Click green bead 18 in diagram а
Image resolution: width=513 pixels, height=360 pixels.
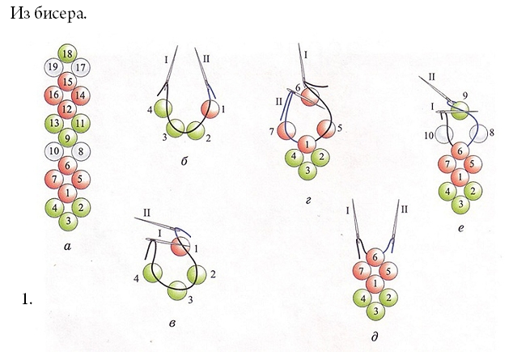click(x=67, y=53)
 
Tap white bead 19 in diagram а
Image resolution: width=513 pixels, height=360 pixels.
click(x=53, y=67)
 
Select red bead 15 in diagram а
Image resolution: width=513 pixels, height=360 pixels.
click(x=67, y=82)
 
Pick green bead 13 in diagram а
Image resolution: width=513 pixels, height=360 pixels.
click(x=54, y=123)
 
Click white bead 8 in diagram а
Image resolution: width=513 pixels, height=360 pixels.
click(x=81, y=151)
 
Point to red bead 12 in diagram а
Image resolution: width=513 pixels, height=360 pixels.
click(x=67, y=109)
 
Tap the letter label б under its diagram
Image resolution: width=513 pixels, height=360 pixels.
click(x=184, y=160)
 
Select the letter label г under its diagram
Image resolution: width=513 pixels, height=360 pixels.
click(x=307, y=201)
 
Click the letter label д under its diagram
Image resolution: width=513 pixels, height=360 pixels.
click(x=375, y=337)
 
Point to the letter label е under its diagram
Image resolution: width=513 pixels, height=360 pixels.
click(x=461, y=228)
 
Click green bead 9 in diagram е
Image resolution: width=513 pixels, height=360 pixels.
click(x=460, y=110)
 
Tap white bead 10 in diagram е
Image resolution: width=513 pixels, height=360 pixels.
click(x=444, y=134)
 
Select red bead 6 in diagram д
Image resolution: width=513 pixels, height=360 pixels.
click(x=375, y=257)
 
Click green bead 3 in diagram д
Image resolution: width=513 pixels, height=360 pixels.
click(x=375, y=311)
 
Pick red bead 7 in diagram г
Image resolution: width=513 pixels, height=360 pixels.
click(x=286, y=131)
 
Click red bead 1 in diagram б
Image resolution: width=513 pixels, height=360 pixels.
click(x=210, y=109)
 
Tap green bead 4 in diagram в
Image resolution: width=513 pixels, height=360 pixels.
click(x=152, y=273)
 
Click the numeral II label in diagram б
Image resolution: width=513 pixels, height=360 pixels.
click(x=206, y=59)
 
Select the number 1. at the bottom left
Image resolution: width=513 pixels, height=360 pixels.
click(x=27, y=299)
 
